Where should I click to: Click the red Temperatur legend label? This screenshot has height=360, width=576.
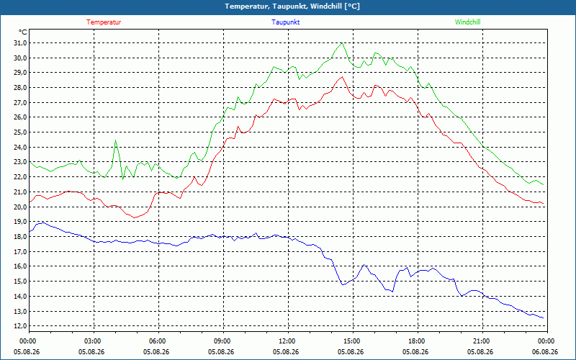[104, 22]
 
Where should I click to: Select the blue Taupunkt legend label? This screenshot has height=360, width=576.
[285, 22]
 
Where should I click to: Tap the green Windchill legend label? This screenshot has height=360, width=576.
[467, 22]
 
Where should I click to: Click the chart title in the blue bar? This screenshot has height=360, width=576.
[292, 6]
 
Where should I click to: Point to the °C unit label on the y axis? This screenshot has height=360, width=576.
[23, 32]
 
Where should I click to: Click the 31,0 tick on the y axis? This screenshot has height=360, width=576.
[21, 43]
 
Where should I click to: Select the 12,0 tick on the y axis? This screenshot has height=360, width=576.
[21, 326]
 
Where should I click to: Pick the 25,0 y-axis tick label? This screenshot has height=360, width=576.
[21, 132]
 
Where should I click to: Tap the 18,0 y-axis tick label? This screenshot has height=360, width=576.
[21, 237]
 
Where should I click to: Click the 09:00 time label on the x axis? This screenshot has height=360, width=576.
[223, 341]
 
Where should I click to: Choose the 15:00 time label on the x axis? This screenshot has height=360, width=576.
[353, 341]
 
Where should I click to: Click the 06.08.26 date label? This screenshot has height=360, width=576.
[545, 351]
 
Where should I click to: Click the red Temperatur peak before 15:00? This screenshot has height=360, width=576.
[342, 77]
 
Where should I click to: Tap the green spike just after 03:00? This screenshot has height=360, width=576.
[115, 140]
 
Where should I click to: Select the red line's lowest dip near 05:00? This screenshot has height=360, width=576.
[135, 217]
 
